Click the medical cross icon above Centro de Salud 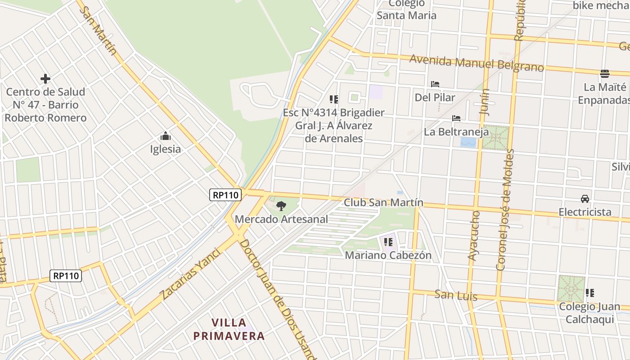45,79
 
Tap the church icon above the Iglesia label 166,136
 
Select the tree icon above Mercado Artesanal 281,206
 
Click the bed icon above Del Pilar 435,84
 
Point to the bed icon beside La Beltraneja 456,119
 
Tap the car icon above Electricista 585,198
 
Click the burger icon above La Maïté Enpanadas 605,73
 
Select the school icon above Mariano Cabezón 388,242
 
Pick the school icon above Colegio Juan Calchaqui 590,293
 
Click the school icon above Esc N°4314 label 333,99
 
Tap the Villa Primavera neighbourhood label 229,329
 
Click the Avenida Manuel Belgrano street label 477,63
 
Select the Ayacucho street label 474,235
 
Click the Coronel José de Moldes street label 504,210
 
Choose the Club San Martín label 383,202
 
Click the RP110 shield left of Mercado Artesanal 225,195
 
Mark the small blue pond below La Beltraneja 468,143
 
